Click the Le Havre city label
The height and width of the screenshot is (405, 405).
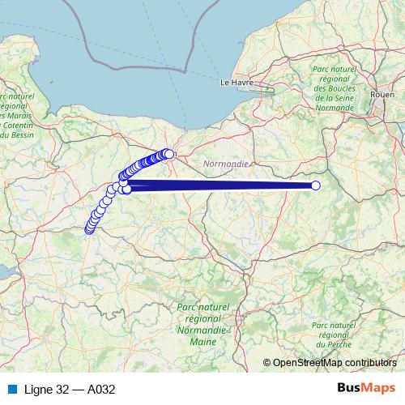click(237, 83)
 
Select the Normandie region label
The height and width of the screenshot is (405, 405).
click(227, 164)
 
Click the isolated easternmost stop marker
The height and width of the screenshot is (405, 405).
click(316, 186)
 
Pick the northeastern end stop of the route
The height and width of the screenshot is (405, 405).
click(169, 154)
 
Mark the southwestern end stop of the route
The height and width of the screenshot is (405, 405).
click(89, 230)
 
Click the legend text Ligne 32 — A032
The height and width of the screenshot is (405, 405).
click(70, 389)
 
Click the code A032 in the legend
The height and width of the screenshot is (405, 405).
click(100, 389)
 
